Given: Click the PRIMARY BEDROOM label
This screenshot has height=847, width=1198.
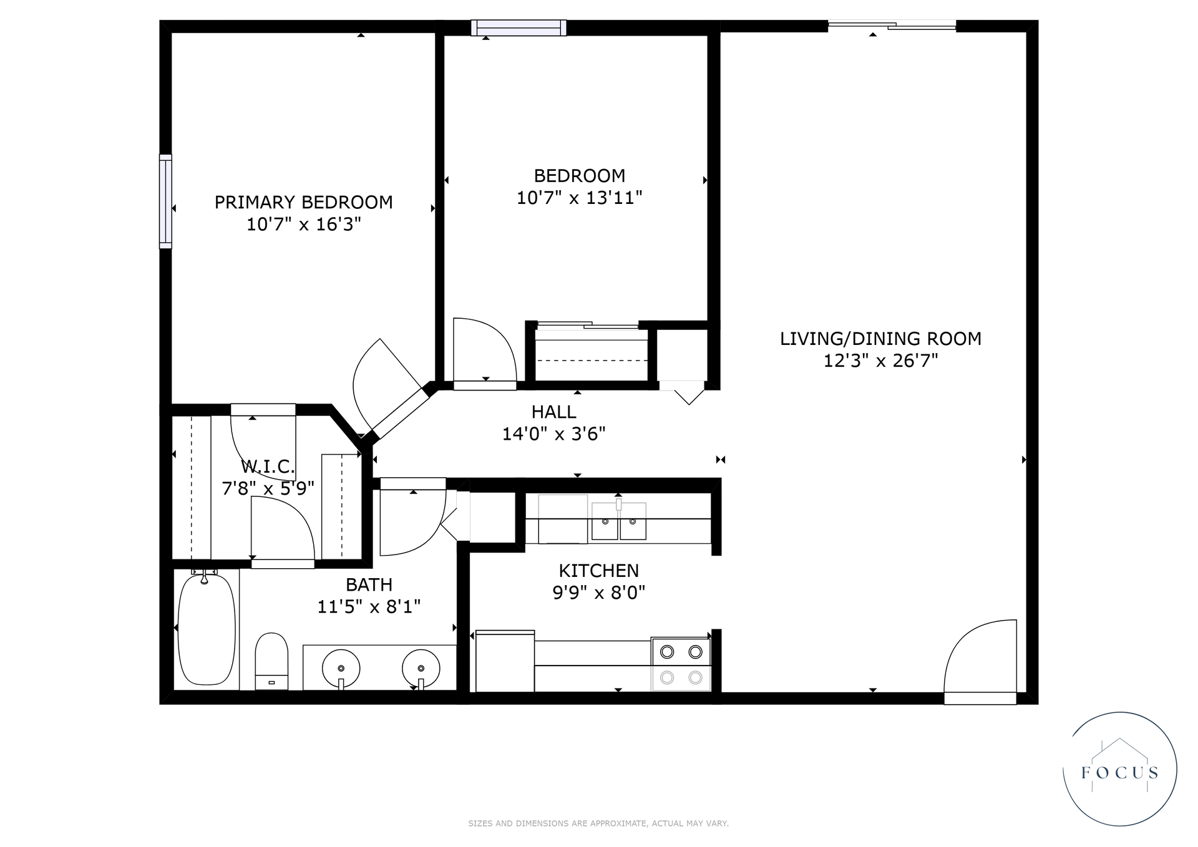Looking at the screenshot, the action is [303, 202].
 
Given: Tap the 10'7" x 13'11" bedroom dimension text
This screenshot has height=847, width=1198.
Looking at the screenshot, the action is [579, 198].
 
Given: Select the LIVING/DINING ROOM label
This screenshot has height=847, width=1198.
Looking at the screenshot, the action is [880, 339].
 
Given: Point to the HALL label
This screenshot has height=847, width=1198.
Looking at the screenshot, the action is [553, 412].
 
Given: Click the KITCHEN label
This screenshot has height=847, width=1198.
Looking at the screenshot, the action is [598, 571].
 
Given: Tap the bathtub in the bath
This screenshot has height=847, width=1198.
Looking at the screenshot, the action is [207, 630].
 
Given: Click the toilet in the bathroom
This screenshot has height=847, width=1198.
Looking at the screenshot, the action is [271, 661].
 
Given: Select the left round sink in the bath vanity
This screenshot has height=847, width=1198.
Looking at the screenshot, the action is [341, 668].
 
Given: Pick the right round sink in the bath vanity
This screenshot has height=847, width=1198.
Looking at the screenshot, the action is [421, 668].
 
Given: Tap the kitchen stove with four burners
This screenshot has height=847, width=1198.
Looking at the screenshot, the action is [681, 664].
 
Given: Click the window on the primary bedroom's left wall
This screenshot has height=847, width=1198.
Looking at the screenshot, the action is [165, 201].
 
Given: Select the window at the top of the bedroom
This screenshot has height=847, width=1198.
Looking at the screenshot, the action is [519, 27].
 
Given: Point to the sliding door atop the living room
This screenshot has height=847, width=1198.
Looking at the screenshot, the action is [892, 26].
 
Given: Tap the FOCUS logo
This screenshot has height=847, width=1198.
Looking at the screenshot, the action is [1120, 770].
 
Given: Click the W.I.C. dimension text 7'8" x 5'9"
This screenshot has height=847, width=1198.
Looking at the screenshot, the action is [268, 488].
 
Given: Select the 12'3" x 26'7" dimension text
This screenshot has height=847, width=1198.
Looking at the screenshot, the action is [880, 361].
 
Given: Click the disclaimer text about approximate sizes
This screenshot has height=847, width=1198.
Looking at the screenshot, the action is [598, 823].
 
